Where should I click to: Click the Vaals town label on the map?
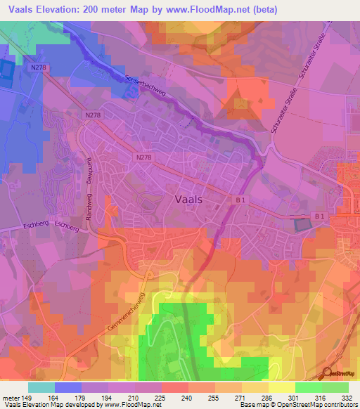188,199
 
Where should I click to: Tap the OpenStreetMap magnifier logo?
328,372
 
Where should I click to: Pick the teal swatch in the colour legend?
41,387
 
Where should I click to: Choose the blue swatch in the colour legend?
68,387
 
